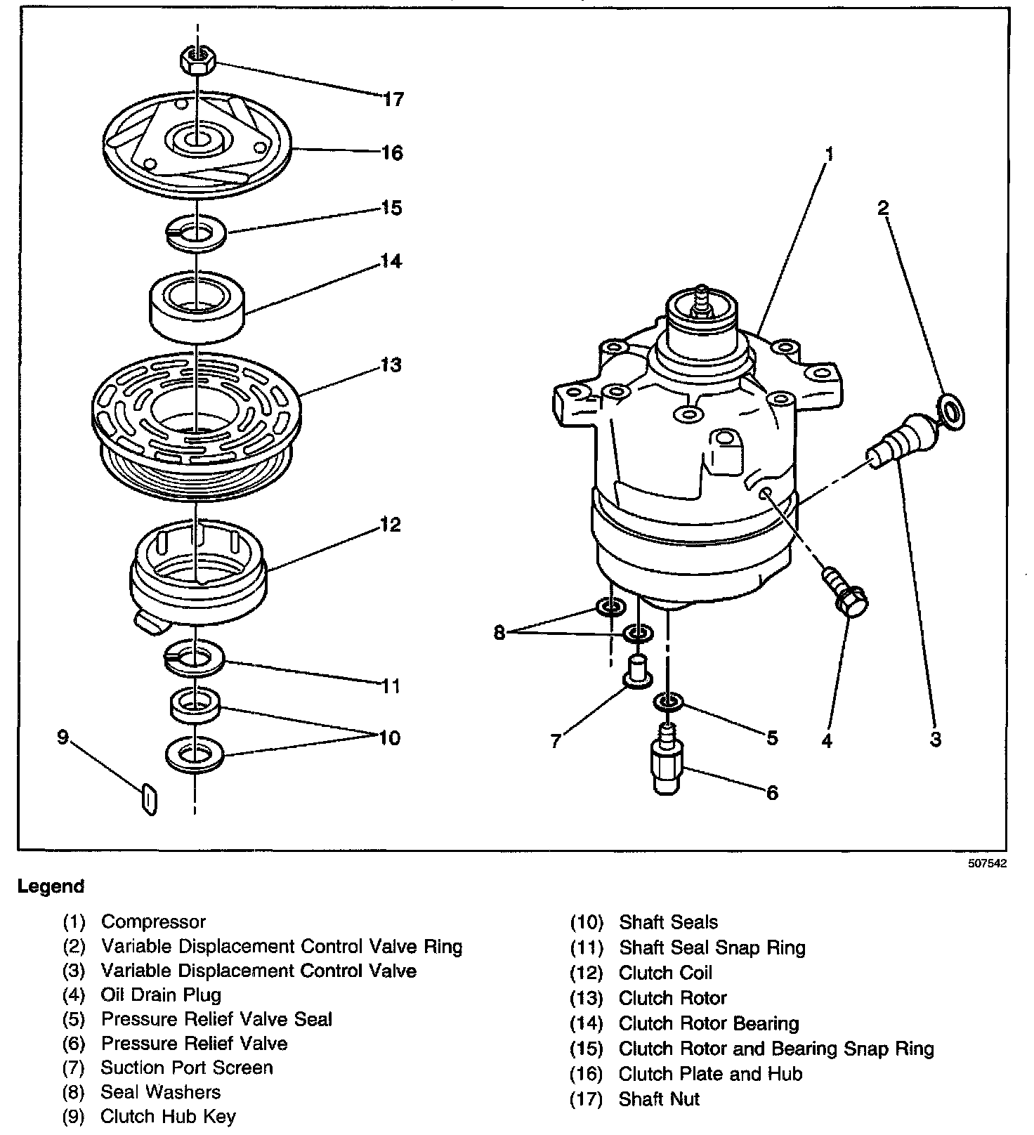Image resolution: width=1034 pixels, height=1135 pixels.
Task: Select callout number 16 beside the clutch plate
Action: pyautogui.click(x=392, y=153)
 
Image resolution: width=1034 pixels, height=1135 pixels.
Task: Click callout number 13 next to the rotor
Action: pyautogui.click(x=392, y=365)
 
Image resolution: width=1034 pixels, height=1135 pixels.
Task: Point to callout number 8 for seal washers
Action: pyautogui.click(x=499, y=633)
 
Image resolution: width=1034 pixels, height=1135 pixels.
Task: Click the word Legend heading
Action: pyautogui.click(x=51, y=886)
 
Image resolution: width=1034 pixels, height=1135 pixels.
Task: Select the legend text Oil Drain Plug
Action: pyautogui.click(x=161, y=995)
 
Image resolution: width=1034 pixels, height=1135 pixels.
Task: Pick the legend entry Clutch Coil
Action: pyautogui.click(x=665, y=973)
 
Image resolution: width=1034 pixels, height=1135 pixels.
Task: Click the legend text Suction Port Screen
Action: pyautogui.click(x=187, y=1068)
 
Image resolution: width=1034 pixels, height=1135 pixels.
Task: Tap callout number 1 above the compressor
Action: pyautogui.click(x=830, y=154)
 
